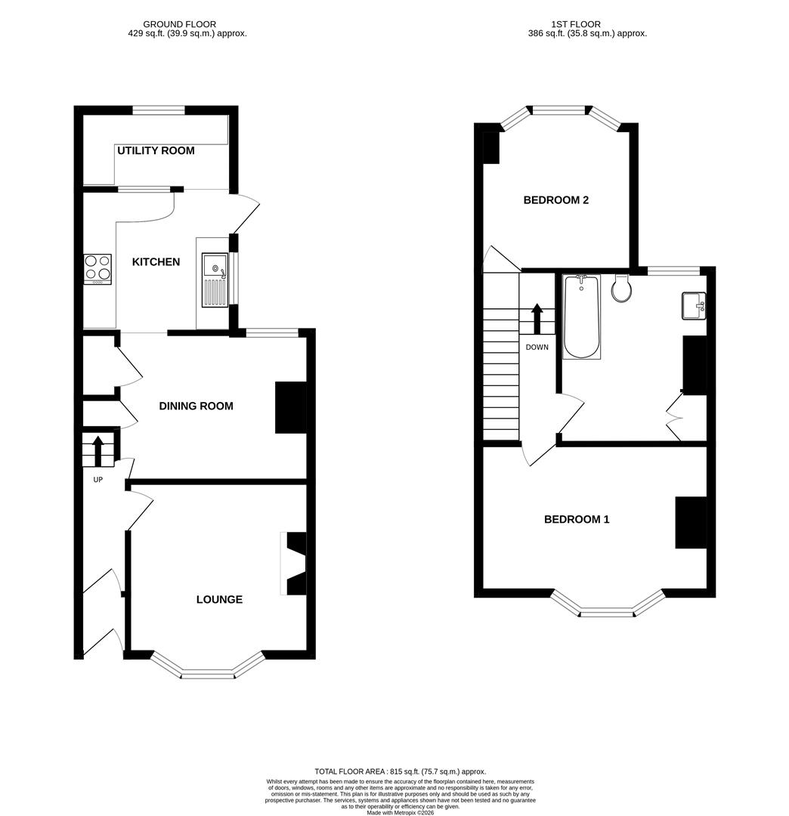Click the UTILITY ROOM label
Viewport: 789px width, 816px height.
tap(156, 150)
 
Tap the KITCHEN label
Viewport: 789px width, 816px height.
tap(156, 262)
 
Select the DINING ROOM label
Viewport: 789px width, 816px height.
tap(196, 406)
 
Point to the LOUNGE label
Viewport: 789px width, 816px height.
tap(219, 599)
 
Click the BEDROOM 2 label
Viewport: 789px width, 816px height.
tap(556, 200)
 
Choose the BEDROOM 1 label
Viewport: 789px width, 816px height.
tap(577, 519)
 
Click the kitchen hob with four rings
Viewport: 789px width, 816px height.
tap(97, 267)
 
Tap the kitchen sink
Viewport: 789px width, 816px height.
tap(215, 279)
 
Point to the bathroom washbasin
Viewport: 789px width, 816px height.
tap(694, 306)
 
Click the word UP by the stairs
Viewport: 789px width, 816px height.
tap(97, 479)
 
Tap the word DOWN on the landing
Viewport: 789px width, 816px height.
tap(537, 348)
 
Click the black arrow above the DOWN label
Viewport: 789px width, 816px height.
tap(537, 318)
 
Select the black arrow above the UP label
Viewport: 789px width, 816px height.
tap(97, 450)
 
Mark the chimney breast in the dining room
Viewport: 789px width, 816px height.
tap(290, 407)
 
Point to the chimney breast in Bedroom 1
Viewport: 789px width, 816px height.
tap(691, 522)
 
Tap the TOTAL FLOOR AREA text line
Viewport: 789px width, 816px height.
tap(401, 771)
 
